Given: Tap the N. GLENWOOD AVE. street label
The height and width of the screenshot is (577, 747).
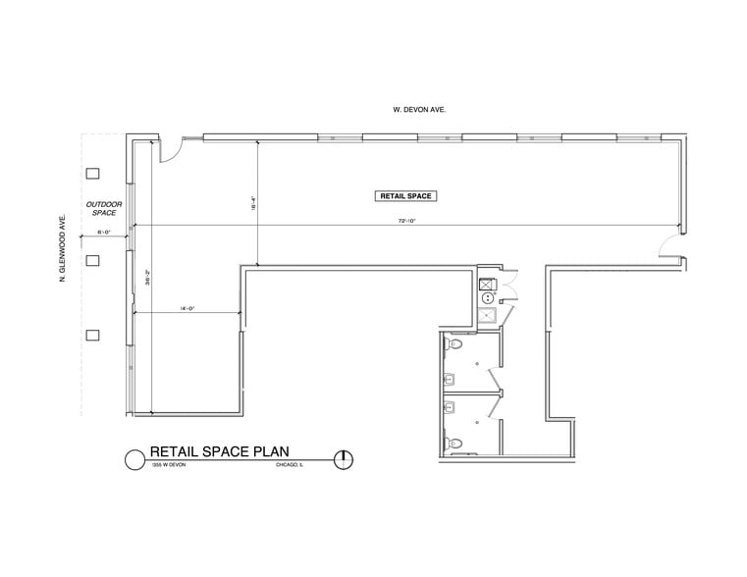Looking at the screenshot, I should point(63,250).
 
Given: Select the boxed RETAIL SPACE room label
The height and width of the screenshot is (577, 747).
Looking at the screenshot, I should point(405,196).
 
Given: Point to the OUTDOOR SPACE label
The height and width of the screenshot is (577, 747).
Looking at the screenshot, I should point(104,208).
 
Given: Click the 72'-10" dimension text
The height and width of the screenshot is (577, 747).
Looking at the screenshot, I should point(407,222).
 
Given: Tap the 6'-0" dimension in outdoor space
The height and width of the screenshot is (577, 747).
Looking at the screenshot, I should point(103,233).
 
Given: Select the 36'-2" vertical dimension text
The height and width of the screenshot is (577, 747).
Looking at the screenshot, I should point(147,278).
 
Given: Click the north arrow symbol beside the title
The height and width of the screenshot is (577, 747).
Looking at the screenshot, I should point(344,458).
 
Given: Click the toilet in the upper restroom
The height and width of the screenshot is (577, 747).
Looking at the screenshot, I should point(454,347).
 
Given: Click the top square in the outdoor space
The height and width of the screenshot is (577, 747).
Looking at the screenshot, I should point(93,174).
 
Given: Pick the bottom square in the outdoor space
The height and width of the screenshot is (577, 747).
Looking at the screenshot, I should point(93,335).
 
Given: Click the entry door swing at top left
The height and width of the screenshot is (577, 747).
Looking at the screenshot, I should point(169,150).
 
